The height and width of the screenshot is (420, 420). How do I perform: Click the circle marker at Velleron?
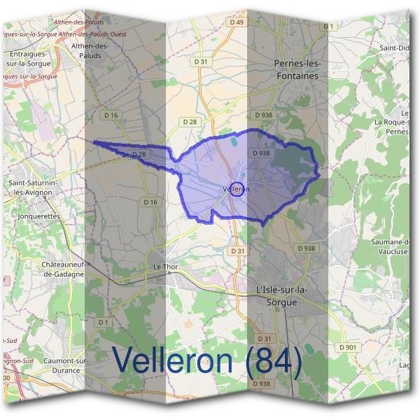tap(237, 189)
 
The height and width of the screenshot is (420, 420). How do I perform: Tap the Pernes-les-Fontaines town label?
tap(296, 69)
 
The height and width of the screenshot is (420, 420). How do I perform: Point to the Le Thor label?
tap(167, 267)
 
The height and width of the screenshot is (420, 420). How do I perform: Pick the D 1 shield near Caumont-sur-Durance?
tap(104, 322)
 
